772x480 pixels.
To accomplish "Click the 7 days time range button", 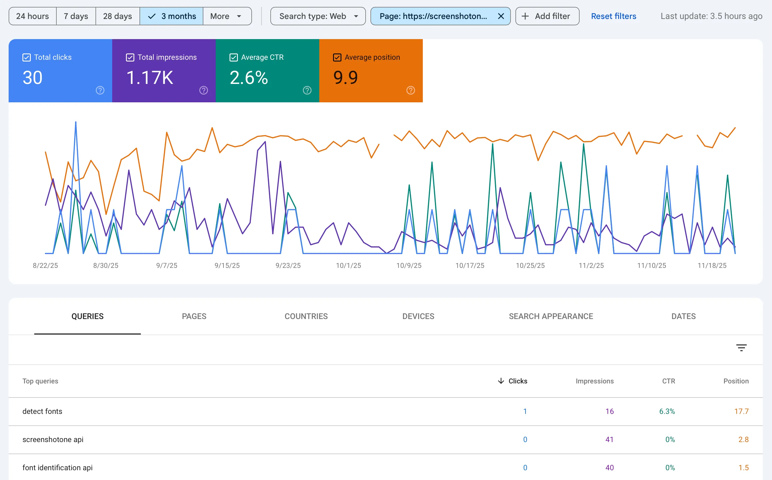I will (x=76, y=16).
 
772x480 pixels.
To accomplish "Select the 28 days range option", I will (x=117, y=16).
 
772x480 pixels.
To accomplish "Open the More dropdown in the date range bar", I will (x=227, y=16).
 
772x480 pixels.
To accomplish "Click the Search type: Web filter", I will (x=318, y=16).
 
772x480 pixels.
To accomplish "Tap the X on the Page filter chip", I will (x=501, y=16).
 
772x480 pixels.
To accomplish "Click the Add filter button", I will (x=547, y=16).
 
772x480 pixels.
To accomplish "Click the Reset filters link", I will (x=613, y=16).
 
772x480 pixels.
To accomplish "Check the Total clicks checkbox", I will (x=27, y=57).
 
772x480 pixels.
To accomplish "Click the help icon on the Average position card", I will (x=410, y=91).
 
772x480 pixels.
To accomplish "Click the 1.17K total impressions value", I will (x=150, y=78).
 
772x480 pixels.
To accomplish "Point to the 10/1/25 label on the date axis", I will (x=349, y=265).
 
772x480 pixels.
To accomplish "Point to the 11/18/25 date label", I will (x=712, y=265).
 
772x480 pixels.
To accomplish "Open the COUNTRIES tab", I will (x=306, y=316).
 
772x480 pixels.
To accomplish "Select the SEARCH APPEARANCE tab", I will (x=551, y=316).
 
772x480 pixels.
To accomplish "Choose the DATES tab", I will (x=683, y=316).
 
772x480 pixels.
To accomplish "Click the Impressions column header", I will (x=595, y=381).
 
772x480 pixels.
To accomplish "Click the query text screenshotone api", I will (x=53, y=439).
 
